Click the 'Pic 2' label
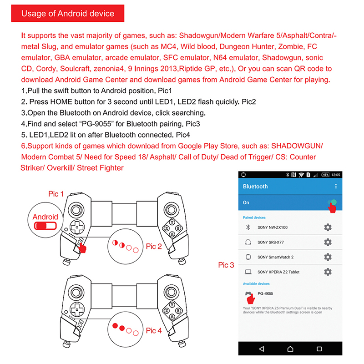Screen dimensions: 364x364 tap(154, 247)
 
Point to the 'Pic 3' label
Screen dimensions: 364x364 tap(226, 265)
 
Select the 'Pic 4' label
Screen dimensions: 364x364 tap(154, 331)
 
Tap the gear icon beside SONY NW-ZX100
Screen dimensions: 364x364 tap(328, 227)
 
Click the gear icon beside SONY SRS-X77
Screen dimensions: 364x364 tap(328, 242)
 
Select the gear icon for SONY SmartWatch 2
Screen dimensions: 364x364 tap(328, 257)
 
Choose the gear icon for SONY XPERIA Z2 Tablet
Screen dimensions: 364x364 tap(328, 272)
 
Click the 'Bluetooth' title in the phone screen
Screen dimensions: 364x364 tap(255, 187)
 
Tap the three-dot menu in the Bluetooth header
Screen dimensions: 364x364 tap(336, 187)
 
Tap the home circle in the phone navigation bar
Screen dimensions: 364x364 tap(290, 349)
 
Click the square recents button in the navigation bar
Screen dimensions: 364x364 tap(319, 349)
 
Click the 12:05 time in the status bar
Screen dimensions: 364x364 tap(336, 175)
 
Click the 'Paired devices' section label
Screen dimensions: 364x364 tap(254, 217)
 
